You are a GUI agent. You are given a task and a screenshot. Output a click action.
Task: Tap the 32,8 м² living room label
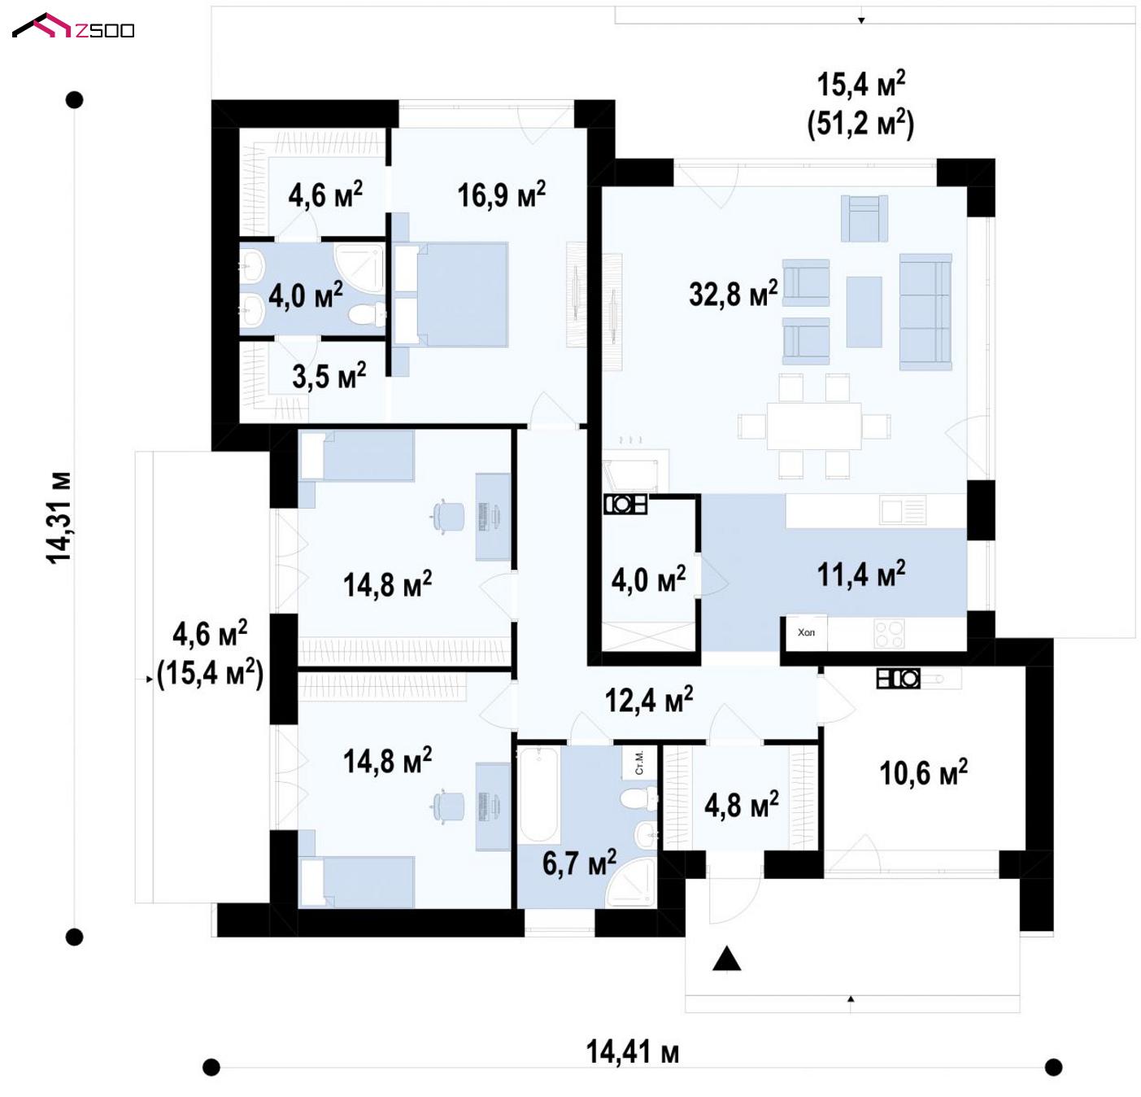[733, 293]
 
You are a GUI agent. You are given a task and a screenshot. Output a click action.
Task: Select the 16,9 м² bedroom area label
[501, 194]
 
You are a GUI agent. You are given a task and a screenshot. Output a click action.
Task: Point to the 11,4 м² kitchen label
[860, 574]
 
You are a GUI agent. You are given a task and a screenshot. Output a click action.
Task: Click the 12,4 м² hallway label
[648, 699]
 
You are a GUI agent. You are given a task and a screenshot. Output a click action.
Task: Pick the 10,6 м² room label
[923, 772]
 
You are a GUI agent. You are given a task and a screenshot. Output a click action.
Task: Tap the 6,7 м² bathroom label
[579, 863]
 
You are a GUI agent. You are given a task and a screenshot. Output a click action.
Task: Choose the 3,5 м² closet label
[329, 376]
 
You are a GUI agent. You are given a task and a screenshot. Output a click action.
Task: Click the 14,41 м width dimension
[632, 1051]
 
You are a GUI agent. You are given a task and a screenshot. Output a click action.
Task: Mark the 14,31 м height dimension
[59, 518]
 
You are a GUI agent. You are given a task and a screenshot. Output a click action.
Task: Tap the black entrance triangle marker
[726, 959]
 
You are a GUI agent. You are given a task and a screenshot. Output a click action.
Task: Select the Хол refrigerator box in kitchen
[806, 632]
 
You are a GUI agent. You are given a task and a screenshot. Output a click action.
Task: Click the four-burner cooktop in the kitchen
[889, 633]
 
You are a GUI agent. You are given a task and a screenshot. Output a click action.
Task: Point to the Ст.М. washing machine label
[640, 763]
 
